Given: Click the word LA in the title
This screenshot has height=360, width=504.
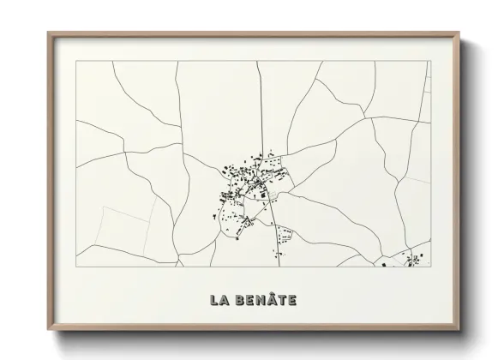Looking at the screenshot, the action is (219, 301).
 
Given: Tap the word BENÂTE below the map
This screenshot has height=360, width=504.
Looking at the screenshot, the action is (265, 301).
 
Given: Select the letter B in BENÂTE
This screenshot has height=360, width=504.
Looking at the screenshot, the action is (240, 301).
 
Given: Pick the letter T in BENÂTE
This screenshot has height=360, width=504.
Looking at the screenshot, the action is (282, 301).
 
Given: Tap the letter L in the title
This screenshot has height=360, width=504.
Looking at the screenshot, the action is (214, 301).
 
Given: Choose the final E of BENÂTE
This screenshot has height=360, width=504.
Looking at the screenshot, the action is (292, 301).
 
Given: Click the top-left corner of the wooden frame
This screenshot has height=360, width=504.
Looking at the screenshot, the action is (48, 33).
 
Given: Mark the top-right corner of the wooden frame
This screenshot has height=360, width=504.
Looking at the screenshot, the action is (460, 33).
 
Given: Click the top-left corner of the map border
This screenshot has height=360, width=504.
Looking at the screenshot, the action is (76, 61).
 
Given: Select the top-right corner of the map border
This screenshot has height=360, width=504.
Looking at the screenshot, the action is (431, 61).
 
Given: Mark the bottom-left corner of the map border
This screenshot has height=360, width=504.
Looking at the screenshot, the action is (76, 267).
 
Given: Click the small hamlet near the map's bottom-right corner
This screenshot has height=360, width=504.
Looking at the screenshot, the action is (410, 260).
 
